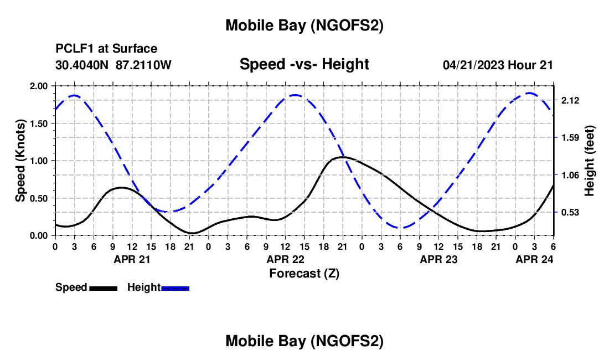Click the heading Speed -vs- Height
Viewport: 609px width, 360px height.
pos(304,64)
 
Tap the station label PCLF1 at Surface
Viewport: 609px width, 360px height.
pos(106,49)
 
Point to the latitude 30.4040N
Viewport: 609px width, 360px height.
pos(82,65)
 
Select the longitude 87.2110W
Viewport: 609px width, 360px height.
pos(144,65)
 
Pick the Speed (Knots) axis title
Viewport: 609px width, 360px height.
pos(20,161)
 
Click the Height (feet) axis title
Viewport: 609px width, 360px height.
pos(589,161)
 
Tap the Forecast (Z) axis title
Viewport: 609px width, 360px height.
pos(304,273)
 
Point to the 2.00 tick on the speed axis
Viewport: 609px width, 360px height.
pos(39,86)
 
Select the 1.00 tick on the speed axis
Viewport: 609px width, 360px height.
pos(39,161)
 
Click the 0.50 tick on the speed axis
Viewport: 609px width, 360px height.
pos(39,198)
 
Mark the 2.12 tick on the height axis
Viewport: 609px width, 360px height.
pos(570,100)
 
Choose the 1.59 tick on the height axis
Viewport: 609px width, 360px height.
pos(570,137)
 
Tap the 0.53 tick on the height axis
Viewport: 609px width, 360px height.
pos(570,212)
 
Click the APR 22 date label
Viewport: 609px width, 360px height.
pos(285,259)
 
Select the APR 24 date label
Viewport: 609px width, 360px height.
pos(534,259)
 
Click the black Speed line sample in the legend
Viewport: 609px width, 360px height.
pos(102,287)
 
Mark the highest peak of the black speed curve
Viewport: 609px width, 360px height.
pos(342,157)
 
